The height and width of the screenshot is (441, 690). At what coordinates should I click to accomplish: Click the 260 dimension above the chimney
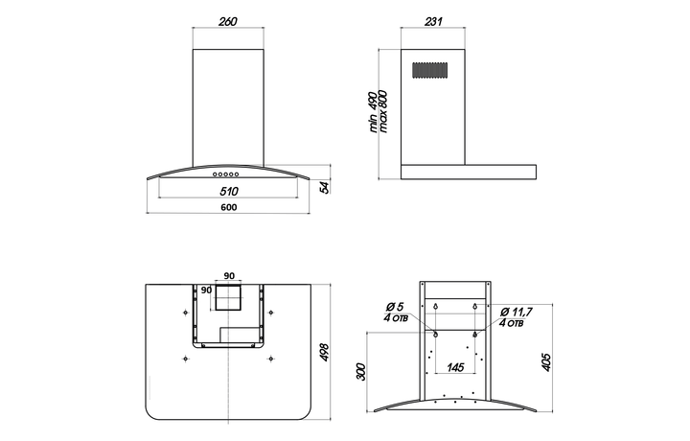228,21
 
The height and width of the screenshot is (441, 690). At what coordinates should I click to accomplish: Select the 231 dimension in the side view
433,21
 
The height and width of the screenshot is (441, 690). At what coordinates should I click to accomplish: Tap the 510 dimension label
229,191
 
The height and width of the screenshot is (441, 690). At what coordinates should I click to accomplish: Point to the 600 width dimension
228,207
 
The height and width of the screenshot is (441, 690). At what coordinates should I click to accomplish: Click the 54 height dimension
324,187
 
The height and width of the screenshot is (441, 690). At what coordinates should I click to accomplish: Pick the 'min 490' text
373,112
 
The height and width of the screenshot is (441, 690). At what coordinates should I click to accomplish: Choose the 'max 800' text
382,111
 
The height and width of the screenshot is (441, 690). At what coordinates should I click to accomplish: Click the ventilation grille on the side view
430,70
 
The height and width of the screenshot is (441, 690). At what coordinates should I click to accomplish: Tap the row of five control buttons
226,174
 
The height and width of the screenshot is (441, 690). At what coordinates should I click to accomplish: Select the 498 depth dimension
324,353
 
